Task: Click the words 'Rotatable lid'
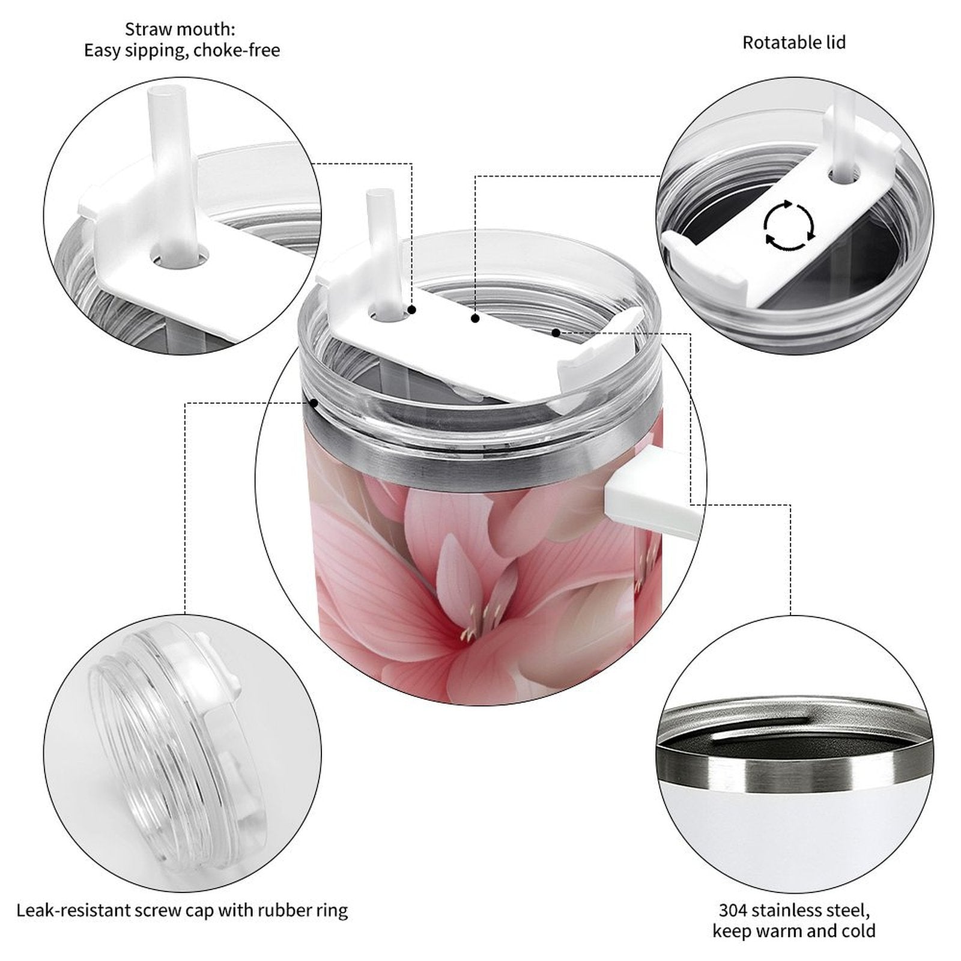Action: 794,43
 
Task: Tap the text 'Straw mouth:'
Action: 180,29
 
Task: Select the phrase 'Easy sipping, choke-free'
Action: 182,50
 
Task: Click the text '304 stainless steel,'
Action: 794,910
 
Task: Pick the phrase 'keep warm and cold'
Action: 794,931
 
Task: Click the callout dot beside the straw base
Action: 412,310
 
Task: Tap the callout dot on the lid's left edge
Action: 314,402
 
